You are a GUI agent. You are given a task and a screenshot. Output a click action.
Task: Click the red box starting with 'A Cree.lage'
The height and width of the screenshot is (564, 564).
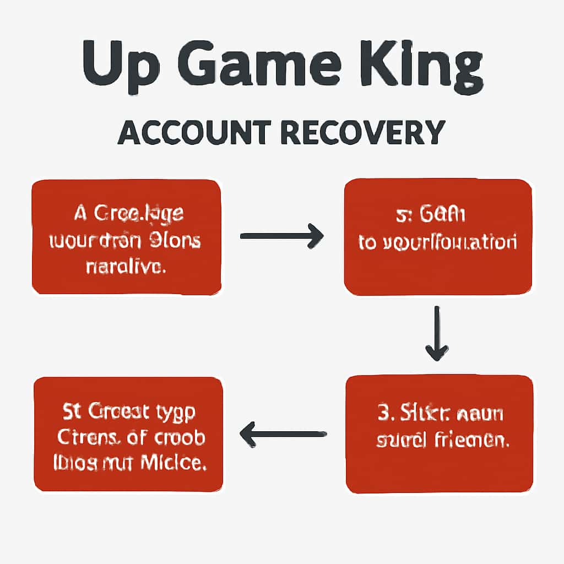coord(127,237)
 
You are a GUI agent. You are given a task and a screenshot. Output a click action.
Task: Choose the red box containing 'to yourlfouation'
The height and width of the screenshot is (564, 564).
coord(438,237)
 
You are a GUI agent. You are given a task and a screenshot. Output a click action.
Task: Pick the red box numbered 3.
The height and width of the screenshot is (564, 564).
coord(439,433)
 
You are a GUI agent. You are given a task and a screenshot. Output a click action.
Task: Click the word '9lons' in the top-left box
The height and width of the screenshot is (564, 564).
coord(175,241)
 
